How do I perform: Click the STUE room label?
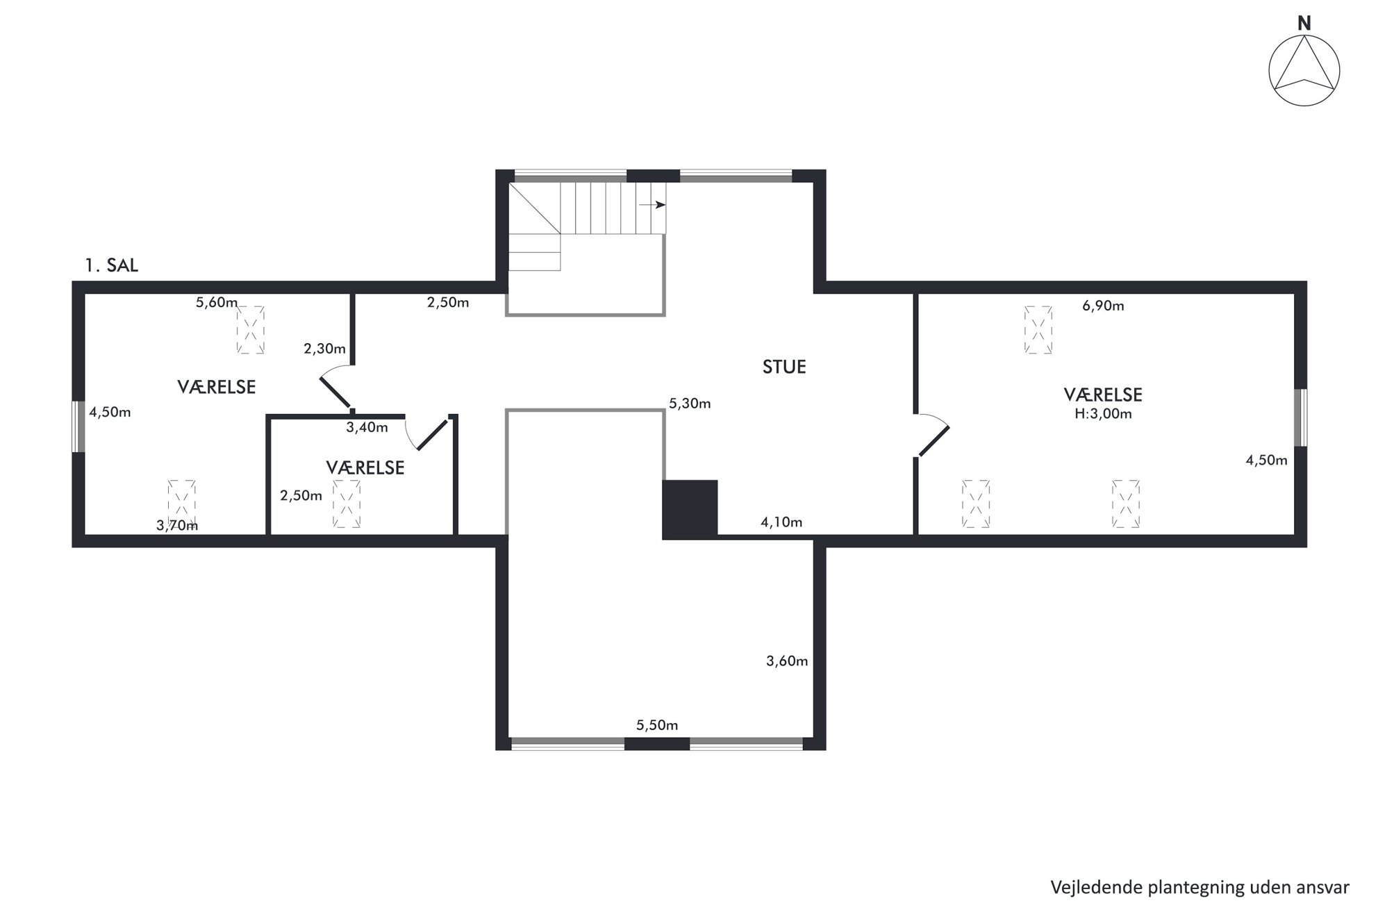pyautogui.click(x=784, y=367)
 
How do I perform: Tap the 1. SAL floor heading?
pyautogui.click(x=111, y=265)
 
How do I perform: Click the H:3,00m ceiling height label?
pyautogui.click(x=1103, y=414)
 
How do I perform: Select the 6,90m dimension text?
pyautogui.click(x=1103, y=306)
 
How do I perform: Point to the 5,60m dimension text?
pyautogui.click(x=217, y=302)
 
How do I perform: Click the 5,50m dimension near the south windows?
pyautogui.click(x=657, y=725)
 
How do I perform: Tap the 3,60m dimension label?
pyautogui.click(x=787, y=661)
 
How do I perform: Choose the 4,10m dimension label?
pyautogui.click(x=781, y=522)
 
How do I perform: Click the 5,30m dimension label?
pyautogui.click(x=690, y=404)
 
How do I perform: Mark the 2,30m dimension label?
pyautogui.click(x=324, y=349)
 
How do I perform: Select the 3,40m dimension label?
pyautogui.click(x=367, y=427)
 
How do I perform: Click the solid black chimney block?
pyautogui.click(x=690, y=509)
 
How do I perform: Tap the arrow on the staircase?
pyautogui.click(x=652, y=205)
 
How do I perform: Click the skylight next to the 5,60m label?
pyautogui.click(x=250, y=330)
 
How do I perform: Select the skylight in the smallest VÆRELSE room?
pyautogui.click(x=347, y=504)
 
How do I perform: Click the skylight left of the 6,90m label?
pyautogui.click(x=1038, y=330)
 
